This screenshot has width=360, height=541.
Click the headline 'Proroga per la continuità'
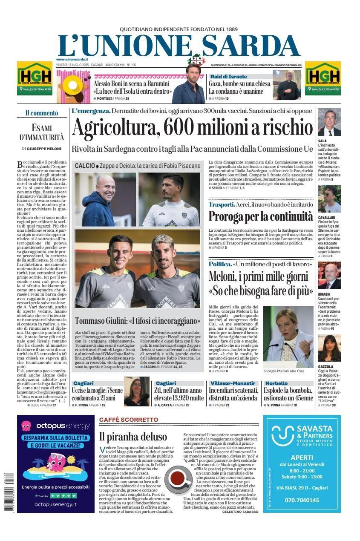261,216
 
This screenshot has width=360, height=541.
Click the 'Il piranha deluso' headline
133,437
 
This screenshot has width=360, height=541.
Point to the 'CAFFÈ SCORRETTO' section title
128,420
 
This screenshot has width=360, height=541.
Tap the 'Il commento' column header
41,113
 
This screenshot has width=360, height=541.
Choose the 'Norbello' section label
276,383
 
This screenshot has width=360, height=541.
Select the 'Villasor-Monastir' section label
233,383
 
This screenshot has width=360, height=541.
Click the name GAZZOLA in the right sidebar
325,366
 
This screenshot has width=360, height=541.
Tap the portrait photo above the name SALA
329,122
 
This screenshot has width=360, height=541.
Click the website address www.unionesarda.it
72,59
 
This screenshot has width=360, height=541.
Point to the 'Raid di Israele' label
228,77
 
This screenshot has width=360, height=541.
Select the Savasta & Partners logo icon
282,435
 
